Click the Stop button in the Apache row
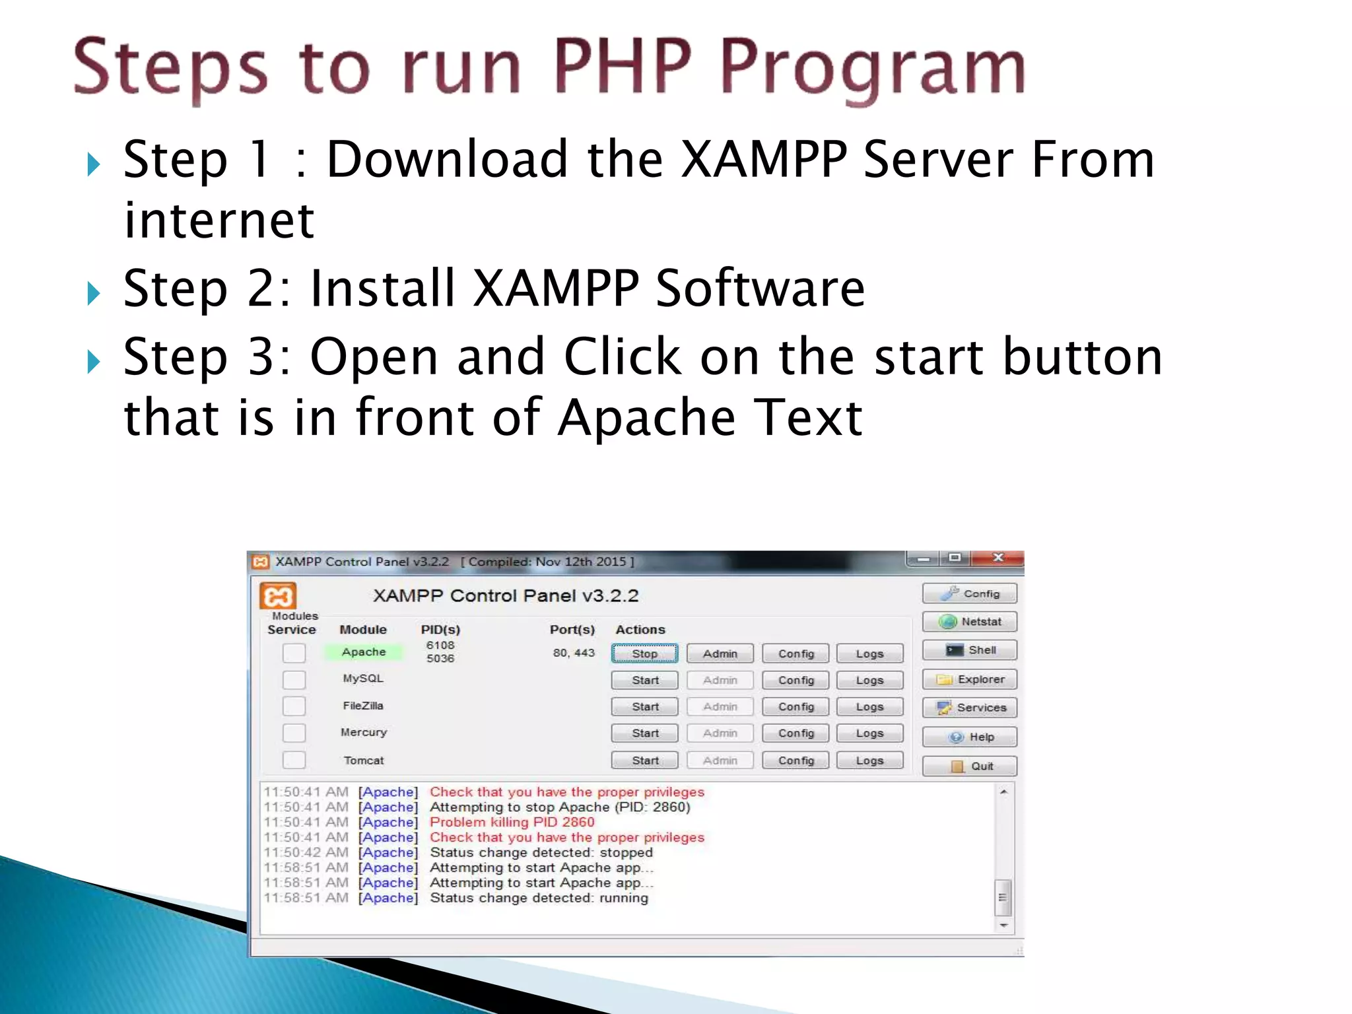[644, 654]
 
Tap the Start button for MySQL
[644, 680]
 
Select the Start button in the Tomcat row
[644, 760]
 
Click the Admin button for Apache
[720, 654]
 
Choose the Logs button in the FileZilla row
[869, 706]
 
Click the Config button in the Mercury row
[795, 733]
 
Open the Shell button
[969, 650]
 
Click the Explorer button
[969, 679]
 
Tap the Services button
[969, 708]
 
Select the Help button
[969, 737]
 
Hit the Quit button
[969, 766]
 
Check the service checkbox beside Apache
[294, 653]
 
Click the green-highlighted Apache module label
[363, 652]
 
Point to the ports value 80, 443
[574, 653]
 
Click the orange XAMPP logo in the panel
[278, 596]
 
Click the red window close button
[998, 558]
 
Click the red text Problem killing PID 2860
[512, 822]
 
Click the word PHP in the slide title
[623, 66]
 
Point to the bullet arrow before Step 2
[94, 292]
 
